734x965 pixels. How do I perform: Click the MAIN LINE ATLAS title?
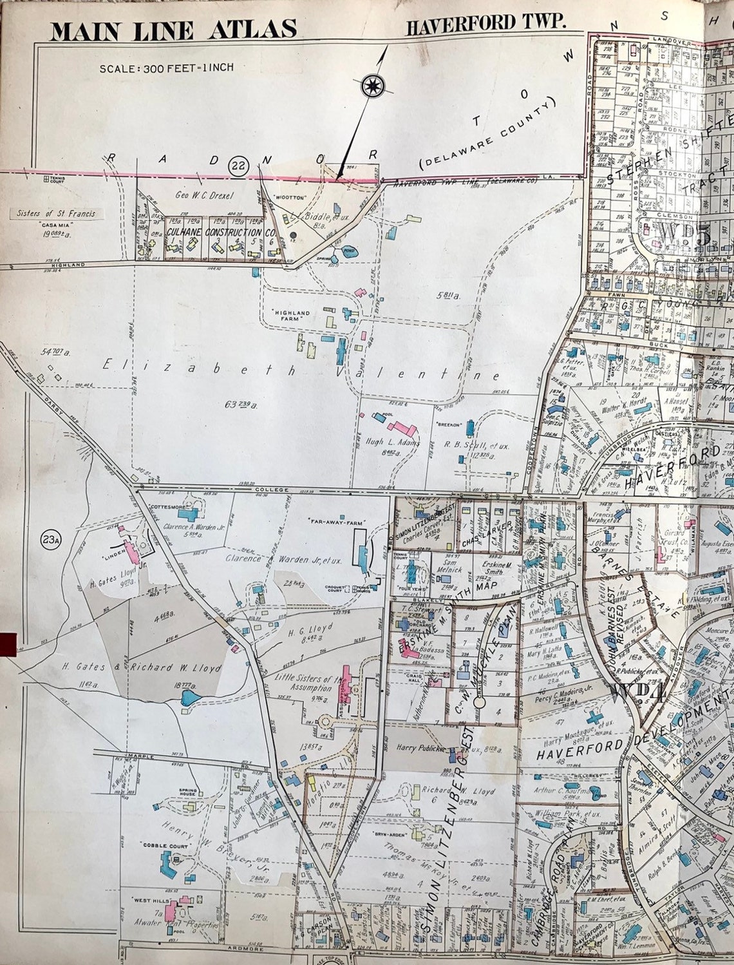point(174,30)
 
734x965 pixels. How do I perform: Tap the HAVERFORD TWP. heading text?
point(486,26)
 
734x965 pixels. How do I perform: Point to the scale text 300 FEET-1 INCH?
point(166,68)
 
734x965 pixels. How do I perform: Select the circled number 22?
point(238,166)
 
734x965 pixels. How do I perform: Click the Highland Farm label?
point(293,316)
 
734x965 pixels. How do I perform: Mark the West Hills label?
point(151,900)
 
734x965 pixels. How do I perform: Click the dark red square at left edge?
point(8,642)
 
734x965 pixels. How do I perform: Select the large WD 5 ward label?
point(684,234)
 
